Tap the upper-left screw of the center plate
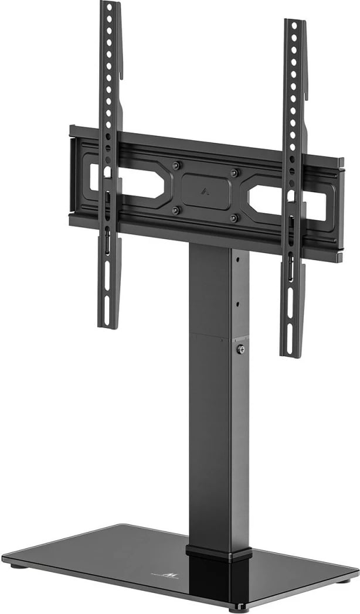click(x=179, y=165)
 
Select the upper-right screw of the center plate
click(x=235, y=173)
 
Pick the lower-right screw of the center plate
click(x=233, y=219)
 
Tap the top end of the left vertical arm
click(x=110, y=5)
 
